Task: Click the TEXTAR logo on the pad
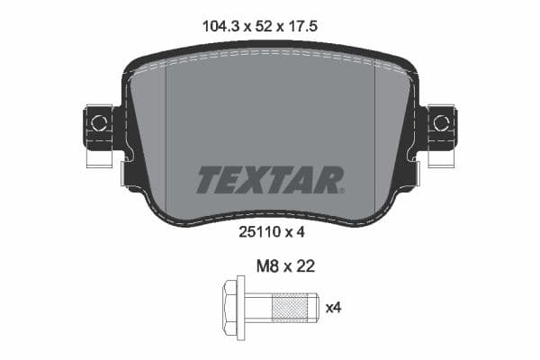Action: (269, 180)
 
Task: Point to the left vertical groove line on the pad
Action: (167, 135)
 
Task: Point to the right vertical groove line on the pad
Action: (373, 135)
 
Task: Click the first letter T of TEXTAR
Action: (208, 180)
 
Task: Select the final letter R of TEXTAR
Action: (330, 180)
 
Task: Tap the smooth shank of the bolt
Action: (257, 309)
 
